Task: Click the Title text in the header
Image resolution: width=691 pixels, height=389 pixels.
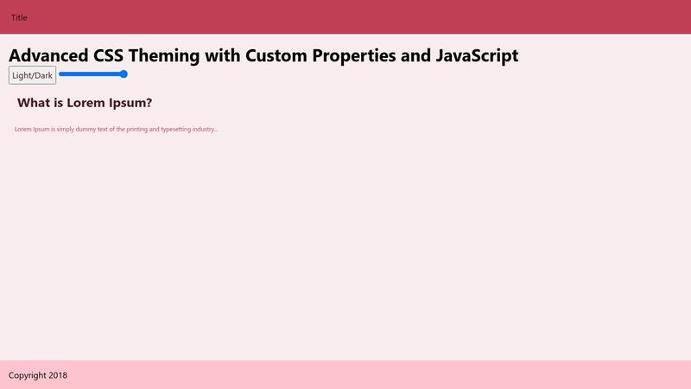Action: point(19,17)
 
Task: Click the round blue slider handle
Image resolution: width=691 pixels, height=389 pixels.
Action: point(124,74)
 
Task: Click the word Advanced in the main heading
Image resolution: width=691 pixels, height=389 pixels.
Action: point(48,55)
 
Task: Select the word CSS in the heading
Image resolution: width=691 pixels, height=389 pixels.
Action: point(109,55)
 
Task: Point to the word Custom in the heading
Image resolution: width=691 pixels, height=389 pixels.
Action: point(276,55)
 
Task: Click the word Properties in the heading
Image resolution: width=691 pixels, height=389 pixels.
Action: point(354,56)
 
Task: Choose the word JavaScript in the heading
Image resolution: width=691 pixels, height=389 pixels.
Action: point(477,56)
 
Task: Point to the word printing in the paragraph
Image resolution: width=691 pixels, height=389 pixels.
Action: point(136,129)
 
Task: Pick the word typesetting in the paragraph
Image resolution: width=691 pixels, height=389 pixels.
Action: point(175,129)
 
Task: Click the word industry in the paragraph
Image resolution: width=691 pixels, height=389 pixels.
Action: point(205,129)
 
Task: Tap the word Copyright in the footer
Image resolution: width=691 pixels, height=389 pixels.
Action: point(28,376)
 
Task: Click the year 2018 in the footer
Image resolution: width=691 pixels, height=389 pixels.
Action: point(58,375)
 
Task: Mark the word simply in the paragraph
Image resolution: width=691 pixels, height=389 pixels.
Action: point(66,129)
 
